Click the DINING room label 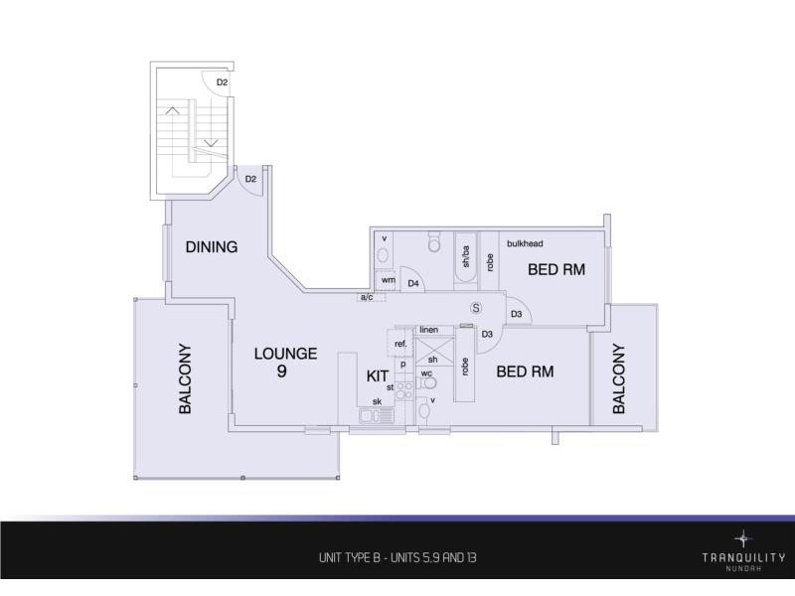coord(211,246)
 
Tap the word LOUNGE coord(285,353)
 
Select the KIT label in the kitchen coord(378,375)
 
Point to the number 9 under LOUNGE coord(283,372)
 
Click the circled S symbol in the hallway coord(476,308)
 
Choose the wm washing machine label coord(388,281)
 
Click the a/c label coord(366,297)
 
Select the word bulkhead coord(525,243)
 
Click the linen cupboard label coord(429,329)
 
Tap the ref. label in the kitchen coord(401,344)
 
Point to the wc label coord(427,373)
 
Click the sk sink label coord(377,401)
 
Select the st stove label coord(391,386)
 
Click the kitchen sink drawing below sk coord(377,416)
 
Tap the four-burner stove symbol coord(404,390)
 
